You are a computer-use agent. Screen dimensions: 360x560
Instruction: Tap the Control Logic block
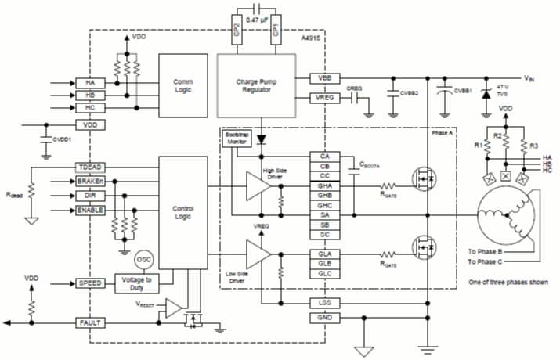click(182, 211)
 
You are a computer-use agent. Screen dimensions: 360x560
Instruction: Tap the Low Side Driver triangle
click(258, 254)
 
